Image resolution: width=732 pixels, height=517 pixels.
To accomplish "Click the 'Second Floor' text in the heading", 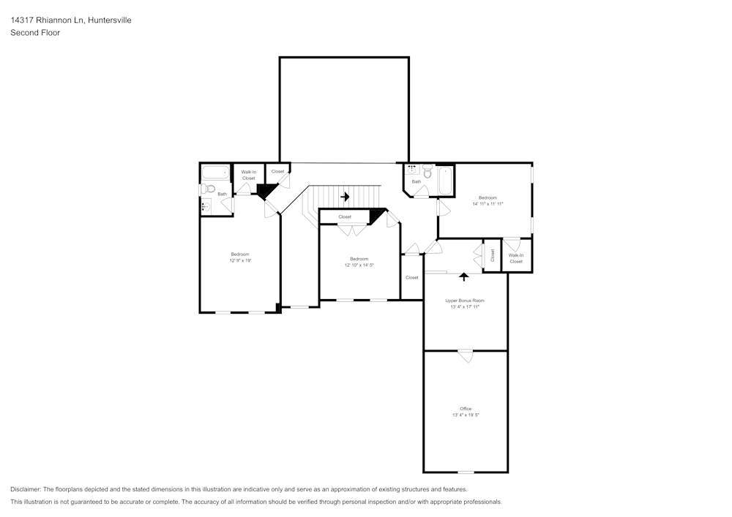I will pos(35,33).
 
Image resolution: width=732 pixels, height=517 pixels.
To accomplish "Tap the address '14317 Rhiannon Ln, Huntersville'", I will pos(71,20).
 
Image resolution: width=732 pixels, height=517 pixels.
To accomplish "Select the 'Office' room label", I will pos(466,409).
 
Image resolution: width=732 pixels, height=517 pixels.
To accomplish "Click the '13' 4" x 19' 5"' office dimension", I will pos(466,415).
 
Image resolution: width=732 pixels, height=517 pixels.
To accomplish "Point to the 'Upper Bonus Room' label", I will pos(466,301).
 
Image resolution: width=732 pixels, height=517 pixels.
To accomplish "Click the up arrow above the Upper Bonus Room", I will pos(463,277).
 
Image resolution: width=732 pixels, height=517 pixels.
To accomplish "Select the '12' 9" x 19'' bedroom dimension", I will pos(240,260).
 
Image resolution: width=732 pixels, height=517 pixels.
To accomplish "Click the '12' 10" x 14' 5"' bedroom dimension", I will pos(359,265).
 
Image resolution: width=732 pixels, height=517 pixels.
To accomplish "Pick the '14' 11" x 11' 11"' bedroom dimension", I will pos(488,204).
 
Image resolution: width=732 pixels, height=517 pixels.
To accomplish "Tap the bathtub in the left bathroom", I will pos(215,174).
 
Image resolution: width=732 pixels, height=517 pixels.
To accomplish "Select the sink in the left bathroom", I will pos(206,206).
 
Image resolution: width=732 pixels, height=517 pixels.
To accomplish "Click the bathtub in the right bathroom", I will pos(445,181).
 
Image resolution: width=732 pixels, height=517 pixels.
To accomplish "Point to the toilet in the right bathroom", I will pos(427,173).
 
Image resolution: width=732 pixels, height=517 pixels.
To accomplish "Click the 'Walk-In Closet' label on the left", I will pos(248,175).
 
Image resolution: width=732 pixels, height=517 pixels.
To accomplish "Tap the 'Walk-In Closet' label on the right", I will pos(516,258).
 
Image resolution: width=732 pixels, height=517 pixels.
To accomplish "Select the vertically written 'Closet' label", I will pos(493,255).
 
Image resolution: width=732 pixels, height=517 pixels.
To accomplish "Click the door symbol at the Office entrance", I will pos(466,355).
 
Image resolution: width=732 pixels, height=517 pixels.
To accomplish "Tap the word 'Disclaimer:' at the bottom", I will pos(26,489).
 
